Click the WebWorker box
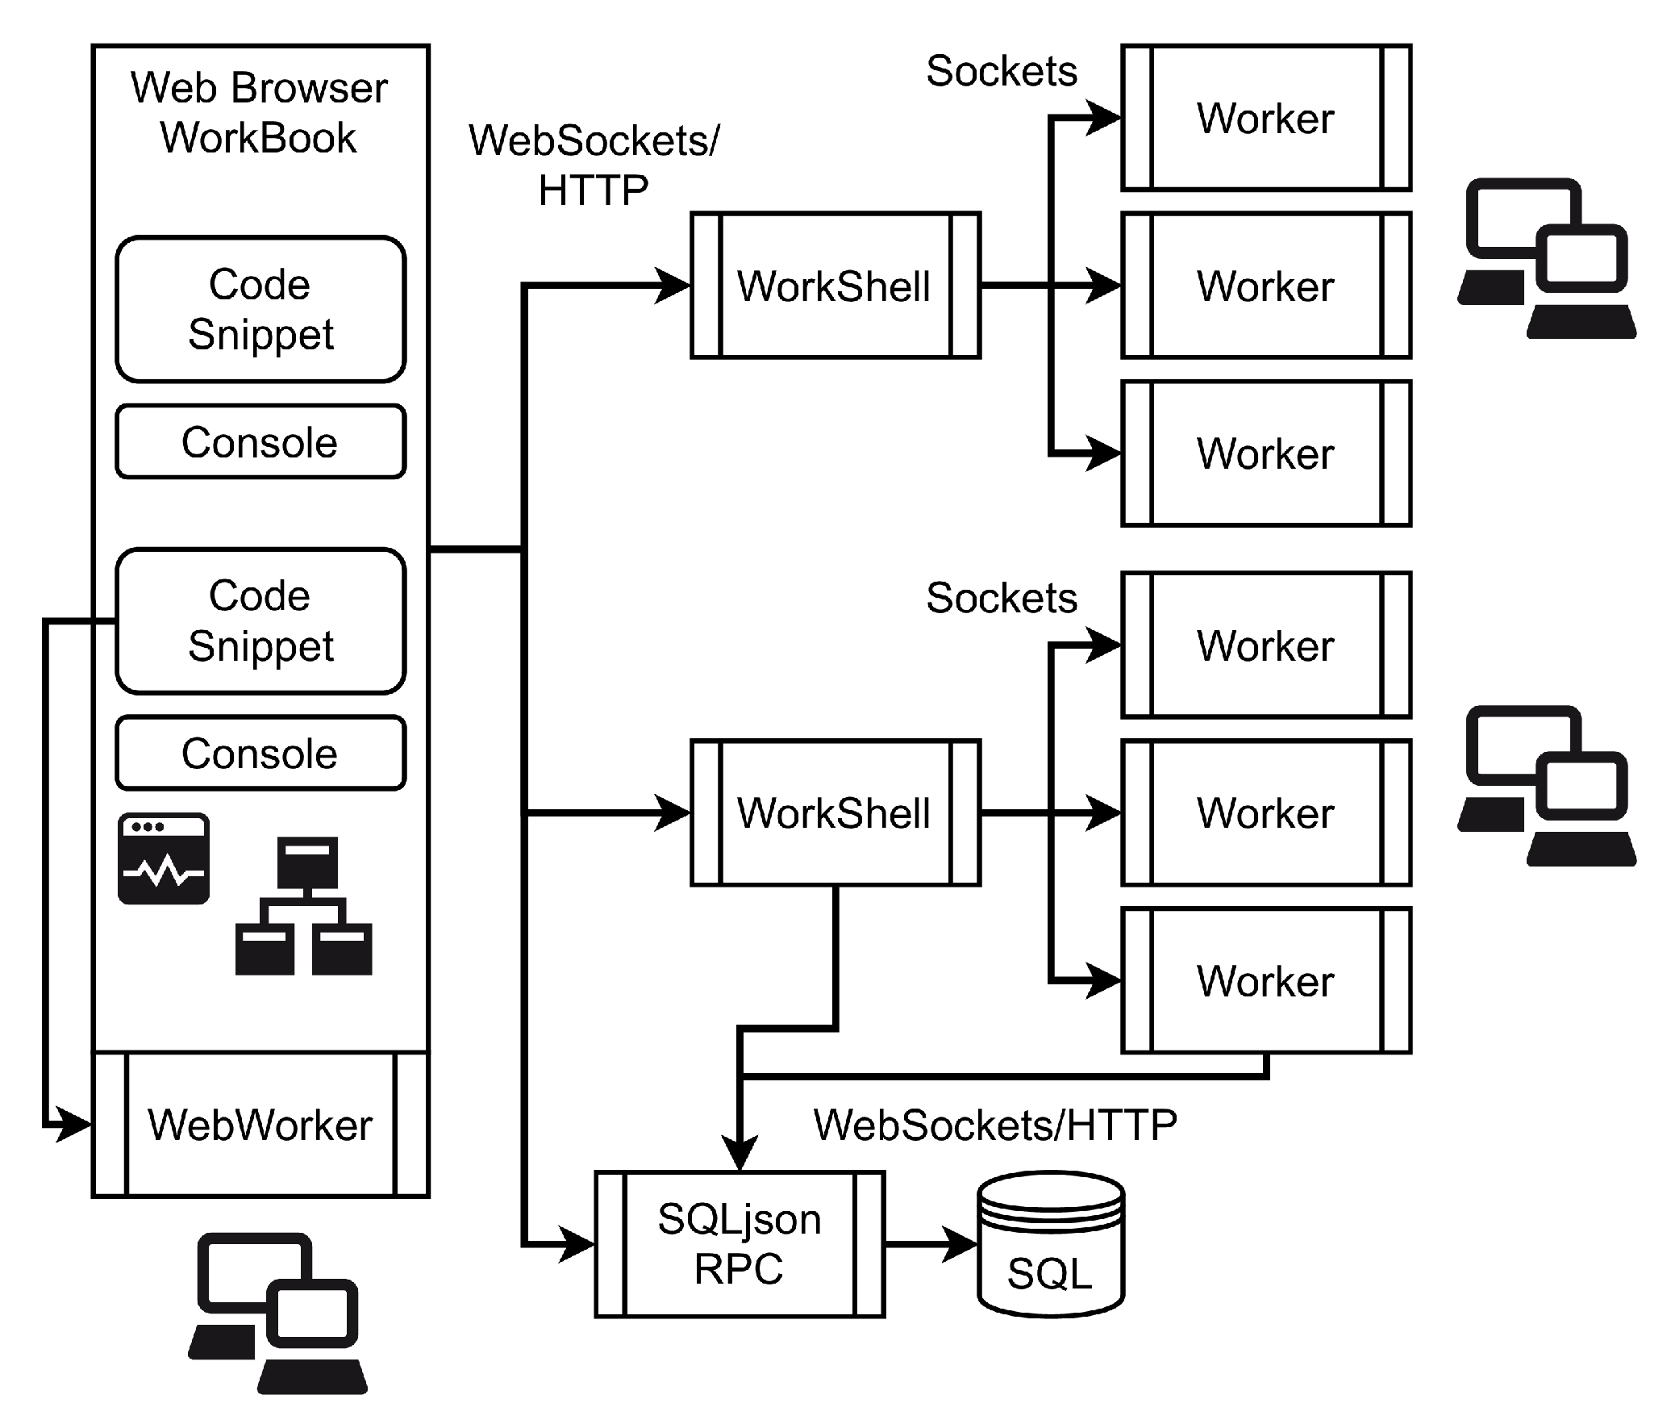(x=260, y=1124)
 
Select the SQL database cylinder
(x=1050, y=1245)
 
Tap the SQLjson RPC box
(x=740, y=1244)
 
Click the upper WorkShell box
(x=835, y=286)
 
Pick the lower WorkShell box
(x=835, y=812)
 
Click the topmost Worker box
(x=1266, y=118)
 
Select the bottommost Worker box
(x=1266, y=980)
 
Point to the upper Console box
(x=260, y=442)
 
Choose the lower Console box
(x=260, y=753)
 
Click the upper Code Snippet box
(x=260, y=309)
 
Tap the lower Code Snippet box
(x=260, y=620)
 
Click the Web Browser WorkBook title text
(x=259, y=112)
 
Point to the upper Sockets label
(x=1002, y=71)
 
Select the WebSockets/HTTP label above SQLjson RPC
(x=995, y=1125)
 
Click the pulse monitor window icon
(x=164, y=858)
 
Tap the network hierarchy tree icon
(x=304, y=906)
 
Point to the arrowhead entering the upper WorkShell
(x=674, y=286)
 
